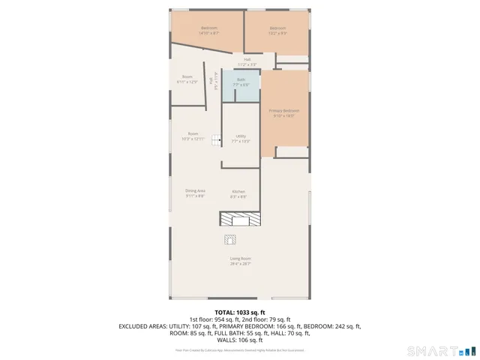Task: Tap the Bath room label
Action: click(x=241, y=79)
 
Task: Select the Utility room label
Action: click(x=241, y=136)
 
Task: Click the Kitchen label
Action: click(x=238, y=191)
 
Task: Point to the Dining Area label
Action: click(x=195, y=191)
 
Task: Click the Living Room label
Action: click(x=240, y=259)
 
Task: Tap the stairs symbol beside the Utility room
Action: click(x=215, y=139)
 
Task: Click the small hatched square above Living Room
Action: click(x=229, y=239)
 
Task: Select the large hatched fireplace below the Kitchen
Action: click(x=240, y=218)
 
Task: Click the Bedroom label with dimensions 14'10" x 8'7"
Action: click(x=208, y=28)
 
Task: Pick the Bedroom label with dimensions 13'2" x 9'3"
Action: click(x=277, y=28)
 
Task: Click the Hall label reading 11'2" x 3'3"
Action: click(x=247, y=60)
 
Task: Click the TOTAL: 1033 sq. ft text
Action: click(x=240, y=311)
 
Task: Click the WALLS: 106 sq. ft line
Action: click(x=240, y=340)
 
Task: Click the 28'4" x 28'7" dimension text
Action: click(x=240, y=264)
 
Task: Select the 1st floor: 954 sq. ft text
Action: click(x=214, y=319)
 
